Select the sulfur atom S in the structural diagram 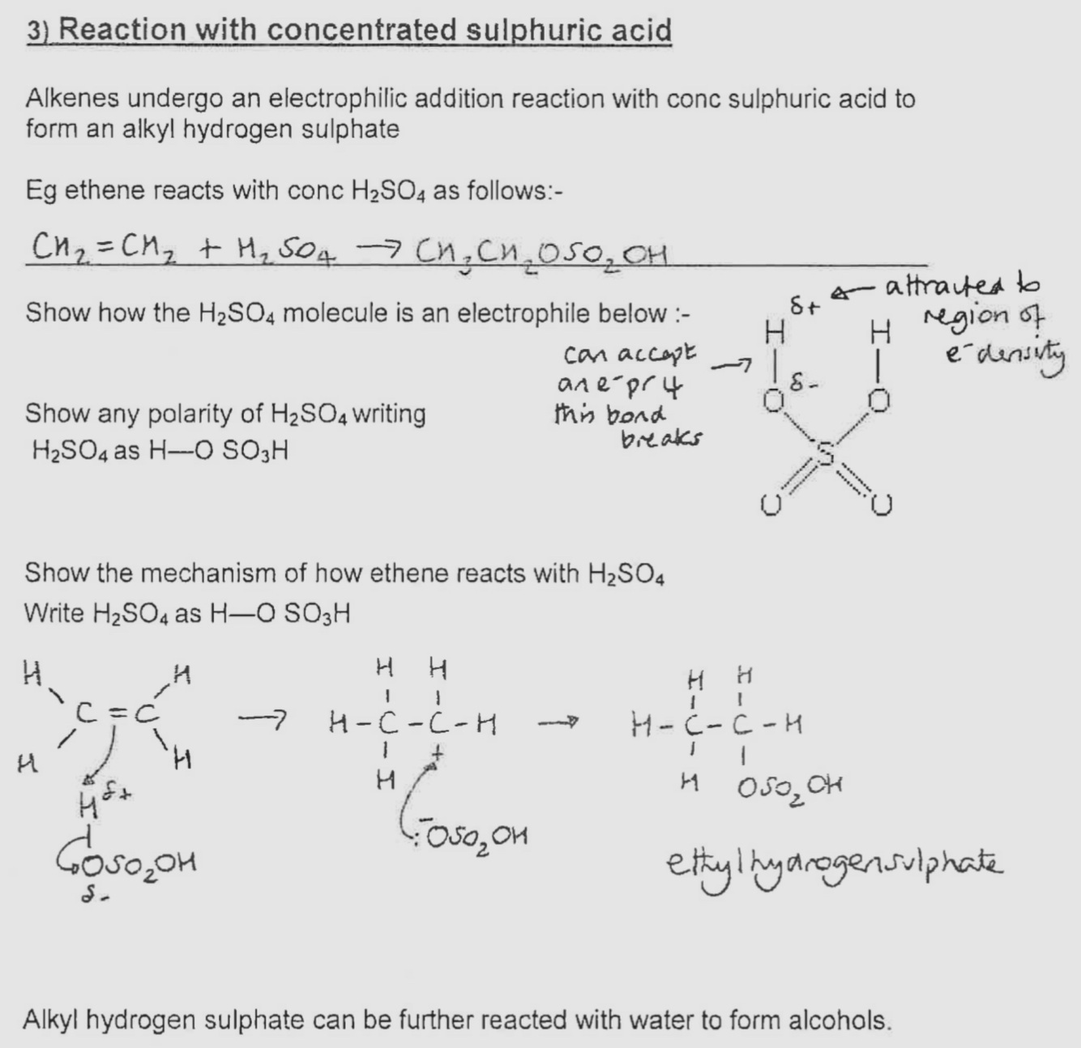click(825, 455)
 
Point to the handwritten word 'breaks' click(661, 439)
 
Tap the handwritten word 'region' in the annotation click(959, 316)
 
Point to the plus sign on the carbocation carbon click(438, 752)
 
